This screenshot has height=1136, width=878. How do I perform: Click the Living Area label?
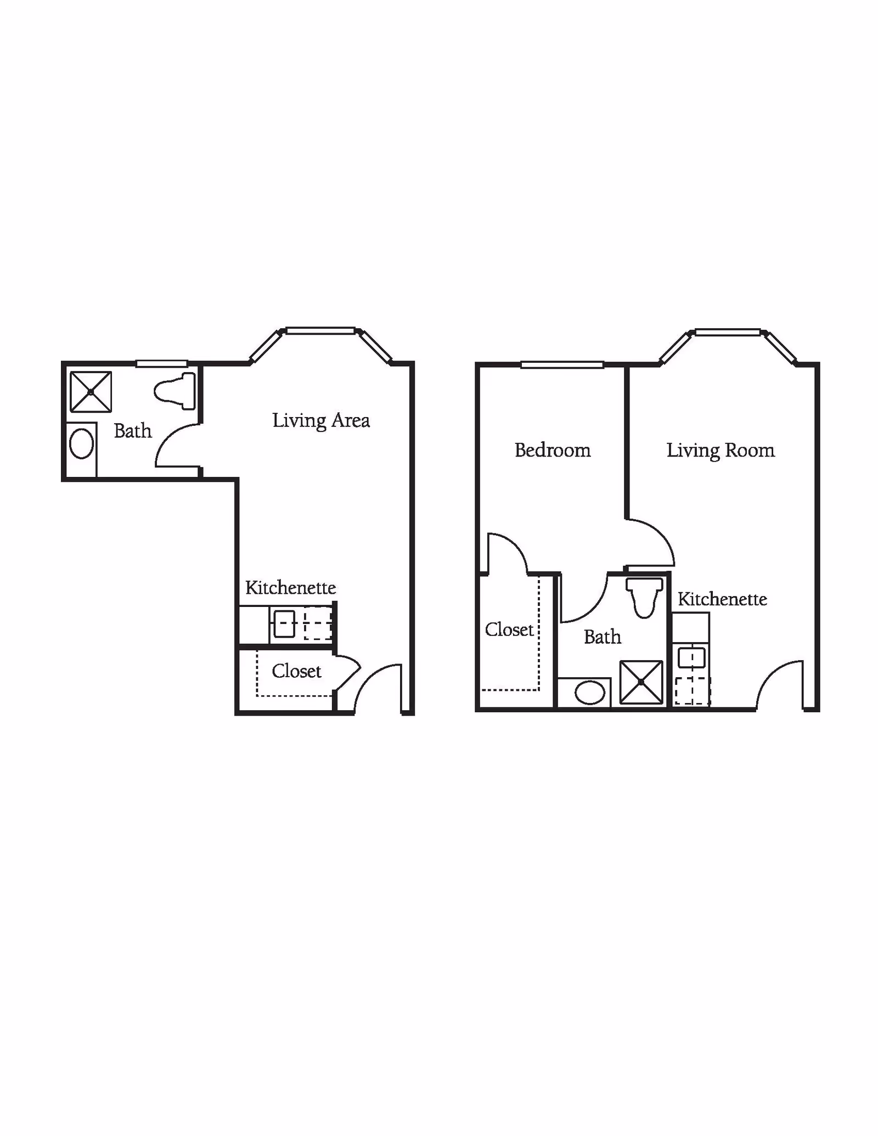[321, 421]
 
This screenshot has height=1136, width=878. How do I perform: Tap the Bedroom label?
[553, 451]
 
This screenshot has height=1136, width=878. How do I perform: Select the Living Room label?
[721, 451]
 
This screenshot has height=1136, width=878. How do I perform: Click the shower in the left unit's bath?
[91, 392]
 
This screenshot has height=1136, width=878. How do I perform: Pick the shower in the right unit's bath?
[641, 682]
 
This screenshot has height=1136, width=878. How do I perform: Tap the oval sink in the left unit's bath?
[82, 443]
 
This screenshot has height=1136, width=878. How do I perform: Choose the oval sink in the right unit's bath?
[590, 693]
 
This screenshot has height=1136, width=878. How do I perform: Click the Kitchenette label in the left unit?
[290, 588]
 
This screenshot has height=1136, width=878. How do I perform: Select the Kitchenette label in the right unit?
[722, 599]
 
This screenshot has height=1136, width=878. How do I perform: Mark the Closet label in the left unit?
[296, 671]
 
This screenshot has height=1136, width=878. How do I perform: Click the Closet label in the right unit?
[509, 630]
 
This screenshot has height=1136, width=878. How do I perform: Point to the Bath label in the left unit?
[133, 431]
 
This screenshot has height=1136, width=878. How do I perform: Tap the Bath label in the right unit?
[603, 637]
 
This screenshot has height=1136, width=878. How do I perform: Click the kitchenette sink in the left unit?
[284, 625]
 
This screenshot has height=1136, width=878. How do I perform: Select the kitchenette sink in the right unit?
[691, 657]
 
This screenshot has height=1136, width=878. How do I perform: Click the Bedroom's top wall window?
[562, 365]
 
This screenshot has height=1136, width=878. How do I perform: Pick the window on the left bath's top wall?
[162, 363]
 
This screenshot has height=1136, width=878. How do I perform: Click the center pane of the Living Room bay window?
[728, 332]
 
